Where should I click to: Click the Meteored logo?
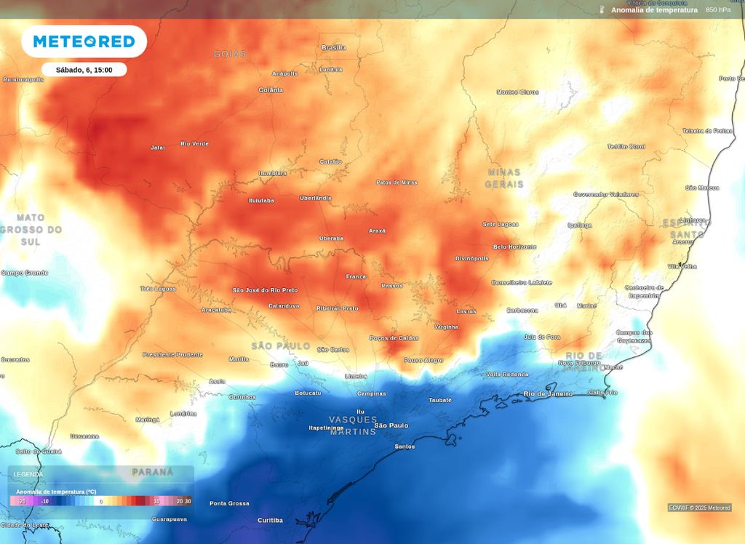pyautogui.click(x=84, y=41)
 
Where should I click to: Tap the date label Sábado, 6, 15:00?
pyautogui.click(x=84, y=70)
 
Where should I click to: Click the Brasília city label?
pyautogui.click(x=333, y=47)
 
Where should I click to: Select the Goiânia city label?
pyautogui.click(x=271, y=90)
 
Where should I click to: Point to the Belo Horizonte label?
pyautogui.click(x=514, y=247)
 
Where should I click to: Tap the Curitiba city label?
pyautogui.click(x=270, y=520)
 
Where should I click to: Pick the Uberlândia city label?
pyautogui.click(x=315, y=198)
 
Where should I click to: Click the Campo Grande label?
pyautogui.click(x=24, y=273)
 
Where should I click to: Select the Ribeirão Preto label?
pyautogui.click(x=337, y=308)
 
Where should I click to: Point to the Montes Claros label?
pyautogui.click(x=517, y=92)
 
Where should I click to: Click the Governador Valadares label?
pyautogui.click(x=605, y=195)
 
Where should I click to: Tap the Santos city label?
pyautogui.click(x=404, y=447)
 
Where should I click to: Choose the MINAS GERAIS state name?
pyautogui.click(x=504, y=178)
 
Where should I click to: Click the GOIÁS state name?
pyautogui.click(x=230, y=54)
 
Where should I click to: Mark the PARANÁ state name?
pyautogui.click(x=153, y=472)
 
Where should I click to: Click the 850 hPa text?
pyautogui.click(x=718, y=10)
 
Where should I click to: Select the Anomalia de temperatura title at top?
pyautogui.click(x=653, y=10)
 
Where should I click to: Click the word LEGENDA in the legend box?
pyautogui.click(x=28, y=474)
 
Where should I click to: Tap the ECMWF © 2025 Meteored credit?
pyautogui.click(x=699, y=508)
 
